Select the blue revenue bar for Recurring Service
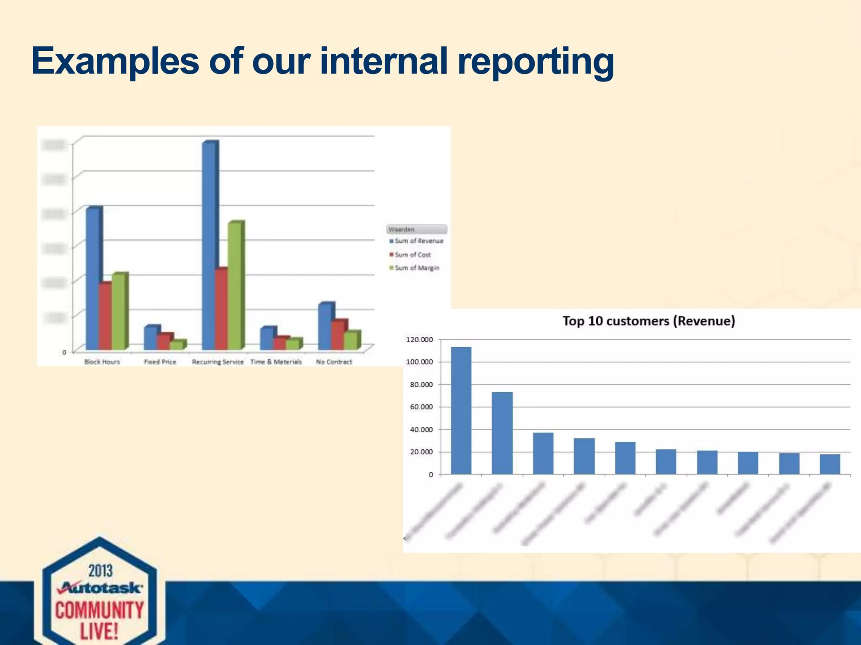[x=209, y=246]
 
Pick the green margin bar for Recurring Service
[x=235, y=286]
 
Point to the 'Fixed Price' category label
[x=160, y=362]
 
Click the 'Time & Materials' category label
[x=276, y=362]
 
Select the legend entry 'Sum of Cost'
[x=412, y=254]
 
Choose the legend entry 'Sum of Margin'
[x=417, y=268]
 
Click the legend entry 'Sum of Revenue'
[x=419, y=241]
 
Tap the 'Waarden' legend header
[x=402, y=229]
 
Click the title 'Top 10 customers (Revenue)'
[x=649, y=321]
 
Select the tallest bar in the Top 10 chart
[x=461, y=410]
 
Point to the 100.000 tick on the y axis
[x=419, y=362]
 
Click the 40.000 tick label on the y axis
[x=421, y=430]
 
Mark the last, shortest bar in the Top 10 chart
[x=830, y=464]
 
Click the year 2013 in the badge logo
[x=100, y=571]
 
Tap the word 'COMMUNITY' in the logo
[x=100, y=610]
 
